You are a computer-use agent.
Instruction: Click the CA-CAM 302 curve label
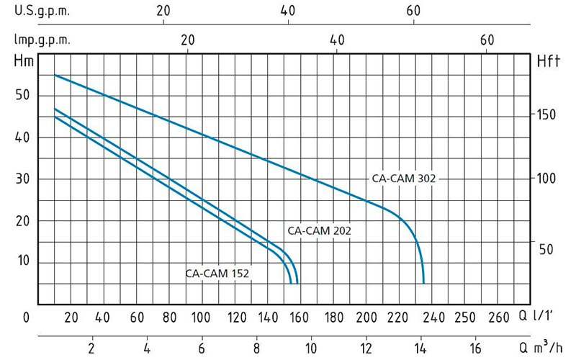click(x=404, y=179)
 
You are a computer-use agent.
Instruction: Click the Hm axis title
click(x=23, y=62)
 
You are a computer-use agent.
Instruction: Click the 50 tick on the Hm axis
click(x=22, y=95)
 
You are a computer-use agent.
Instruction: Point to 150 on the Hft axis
click(x=549, y=115)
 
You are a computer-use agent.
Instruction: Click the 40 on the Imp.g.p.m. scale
click(x=337, y=40)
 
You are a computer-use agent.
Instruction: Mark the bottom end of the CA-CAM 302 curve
click(x=423, y=283)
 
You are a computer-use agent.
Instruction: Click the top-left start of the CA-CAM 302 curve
click(x=55, y=75)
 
